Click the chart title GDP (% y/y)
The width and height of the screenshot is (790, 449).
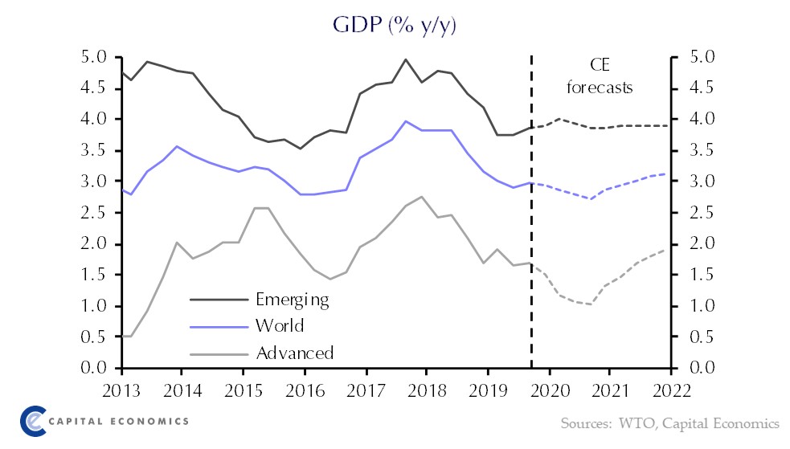[x=395, y=26]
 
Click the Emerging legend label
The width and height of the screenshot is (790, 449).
[x=293, y=300]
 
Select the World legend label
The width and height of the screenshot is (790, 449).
[x=280, y=325]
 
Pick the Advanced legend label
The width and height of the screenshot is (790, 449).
[x=294, y=352]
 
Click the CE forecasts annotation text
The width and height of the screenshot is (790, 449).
[x=600, y=77]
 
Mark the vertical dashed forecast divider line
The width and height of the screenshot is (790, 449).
[x=531, y=241]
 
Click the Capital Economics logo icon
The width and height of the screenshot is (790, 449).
[x=33, y=421]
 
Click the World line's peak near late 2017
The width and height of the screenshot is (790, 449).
[x=406, y=121]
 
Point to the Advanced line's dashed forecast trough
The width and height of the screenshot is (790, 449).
[x=591, y=304]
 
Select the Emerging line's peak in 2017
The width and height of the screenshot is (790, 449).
[x=406, y=59]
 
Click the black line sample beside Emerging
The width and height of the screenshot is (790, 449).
[x=218, y=300]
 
